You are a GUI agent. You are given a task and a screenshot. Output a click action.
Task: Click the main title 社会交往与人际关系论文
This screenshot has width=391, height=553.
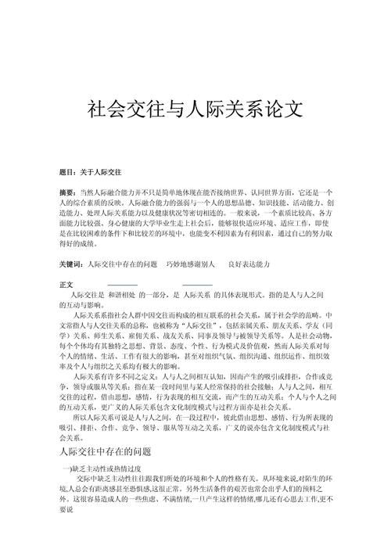click(195, 107)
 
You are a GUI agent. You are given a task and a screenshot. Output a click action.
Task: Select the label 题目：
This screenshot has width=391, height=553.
click(70, 171)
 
